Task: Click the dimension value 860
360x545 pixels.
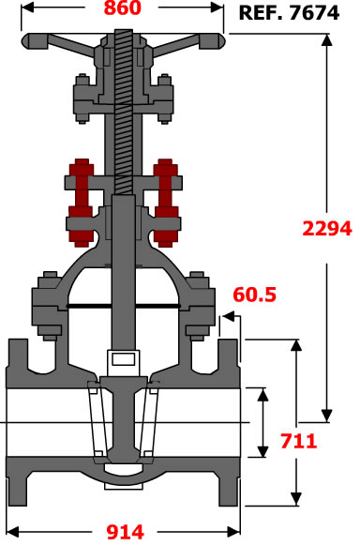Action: (x=123, y=8)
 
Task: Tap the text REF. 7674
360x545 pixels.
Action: (x=289, y=13)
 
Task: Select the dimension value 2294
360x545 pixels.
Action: (x=327, y=228)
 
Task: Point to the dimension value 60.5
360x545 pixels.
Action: (x=254, y=295)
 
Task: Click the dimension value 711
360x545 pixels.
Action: (x=298, y=441)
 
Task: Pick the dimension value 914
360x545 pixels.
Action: (x=125, y=532)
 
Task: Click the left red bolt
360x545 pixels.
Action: (x=81, y=203)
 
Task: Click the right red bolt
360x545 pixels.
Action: (x=166, y=203)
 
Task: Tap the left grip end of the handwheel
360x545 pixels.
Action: (x=34, y=41)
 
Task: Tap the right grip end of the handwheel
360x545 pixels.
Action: (x=212, y=41)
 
